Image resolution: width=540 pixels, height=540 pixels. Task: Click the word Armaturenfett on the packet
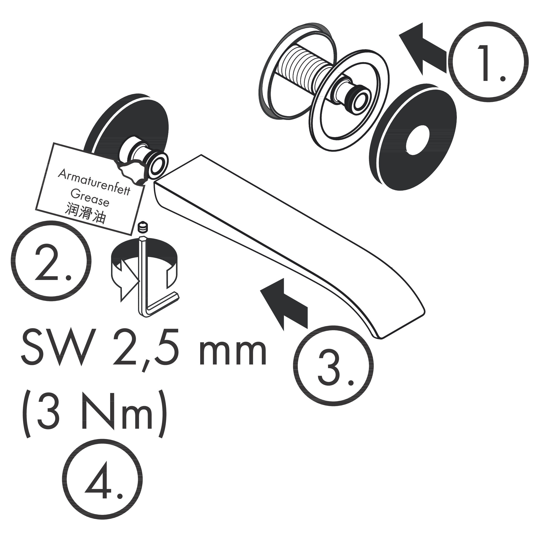(94, 182)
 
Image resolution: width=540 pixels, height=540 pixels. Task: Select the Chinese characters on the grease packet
(85, 214)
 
